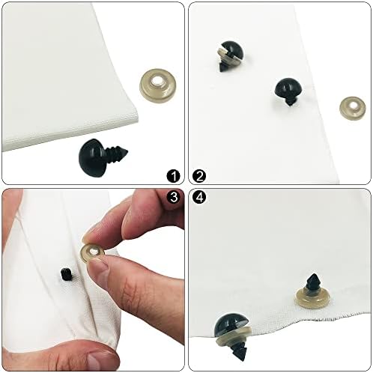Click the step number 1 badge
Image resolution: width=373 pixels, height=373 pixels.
173,176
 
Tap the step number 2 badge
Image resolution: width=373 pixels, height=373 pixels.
199,176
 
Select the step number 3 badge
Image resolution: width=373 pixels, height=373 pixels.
173,197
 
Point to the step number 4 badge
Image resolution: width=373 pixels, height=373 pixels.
199,198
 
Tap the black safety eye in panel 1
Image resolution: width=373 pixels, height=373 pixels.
103,157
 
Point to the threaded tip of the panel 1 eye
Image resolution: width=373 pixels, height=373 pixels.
124,152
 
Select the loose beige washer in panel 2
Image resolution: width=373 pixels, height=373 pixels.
353,109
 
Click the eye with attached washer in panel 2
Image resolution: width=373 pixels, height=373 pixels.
230,55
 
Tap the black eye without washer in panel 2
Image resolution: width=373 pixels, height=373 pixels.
288,91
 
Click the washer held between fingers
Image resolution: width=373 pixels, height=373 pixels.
91,252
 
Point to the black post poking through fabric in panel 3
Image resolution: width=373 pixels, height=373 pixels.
67,273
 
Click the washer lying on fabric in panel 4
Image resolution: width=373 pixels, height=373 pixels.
312,298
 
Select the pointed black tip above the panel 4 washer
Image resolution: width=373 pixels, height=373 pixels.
313,282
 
